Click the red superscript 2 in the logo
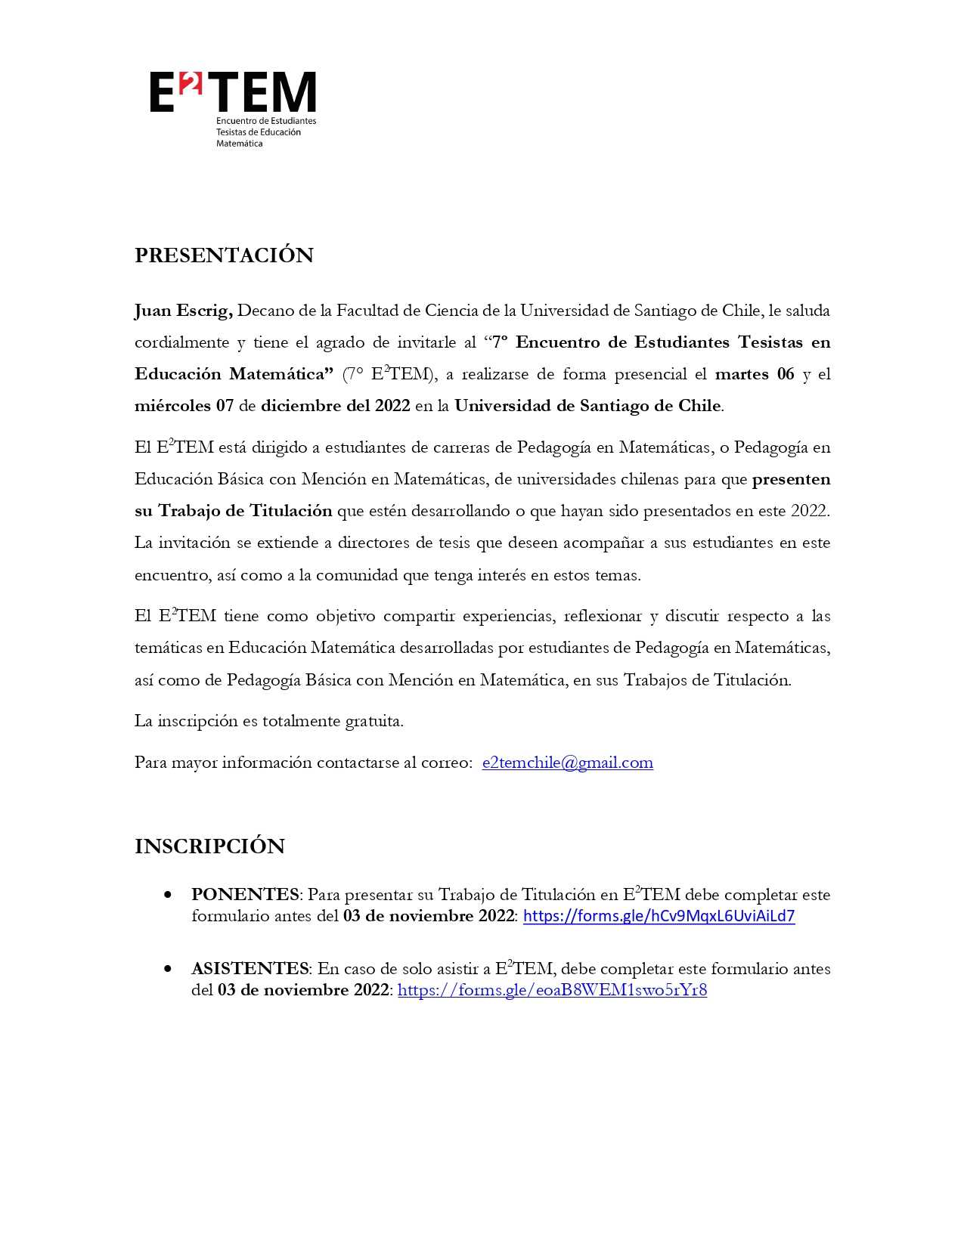click(191, 85)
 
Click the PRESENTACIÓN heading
click(224, 255)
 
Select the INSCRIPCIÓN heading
click(209, 846)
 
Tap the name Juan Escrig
click(183, 311)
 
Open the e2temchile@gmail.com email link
click(567, 763)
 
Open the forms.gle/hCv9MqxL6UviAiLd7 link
click(659, 916)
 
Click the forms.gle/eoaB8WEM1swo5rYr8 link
click(552, 990)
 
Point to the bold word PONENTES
click(245, 895)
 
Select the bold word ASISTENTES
click(250, 969)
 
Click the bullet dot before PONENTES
click(168, 895)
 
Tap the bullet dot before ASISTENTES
click(168, 969)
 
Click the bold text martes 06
click(755, 374)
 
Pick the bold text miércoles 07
click(184, 406)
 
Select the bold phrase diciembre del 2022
click(335, 406)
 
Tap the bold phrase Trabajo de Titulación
click(245, 511)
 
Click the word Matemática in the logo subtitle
click(239, 144)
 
